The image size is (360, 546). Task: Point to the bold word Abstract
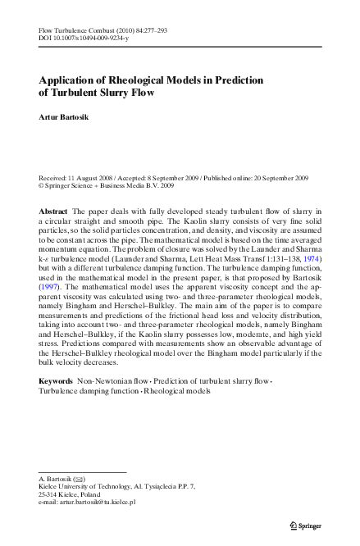point(53,212)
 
